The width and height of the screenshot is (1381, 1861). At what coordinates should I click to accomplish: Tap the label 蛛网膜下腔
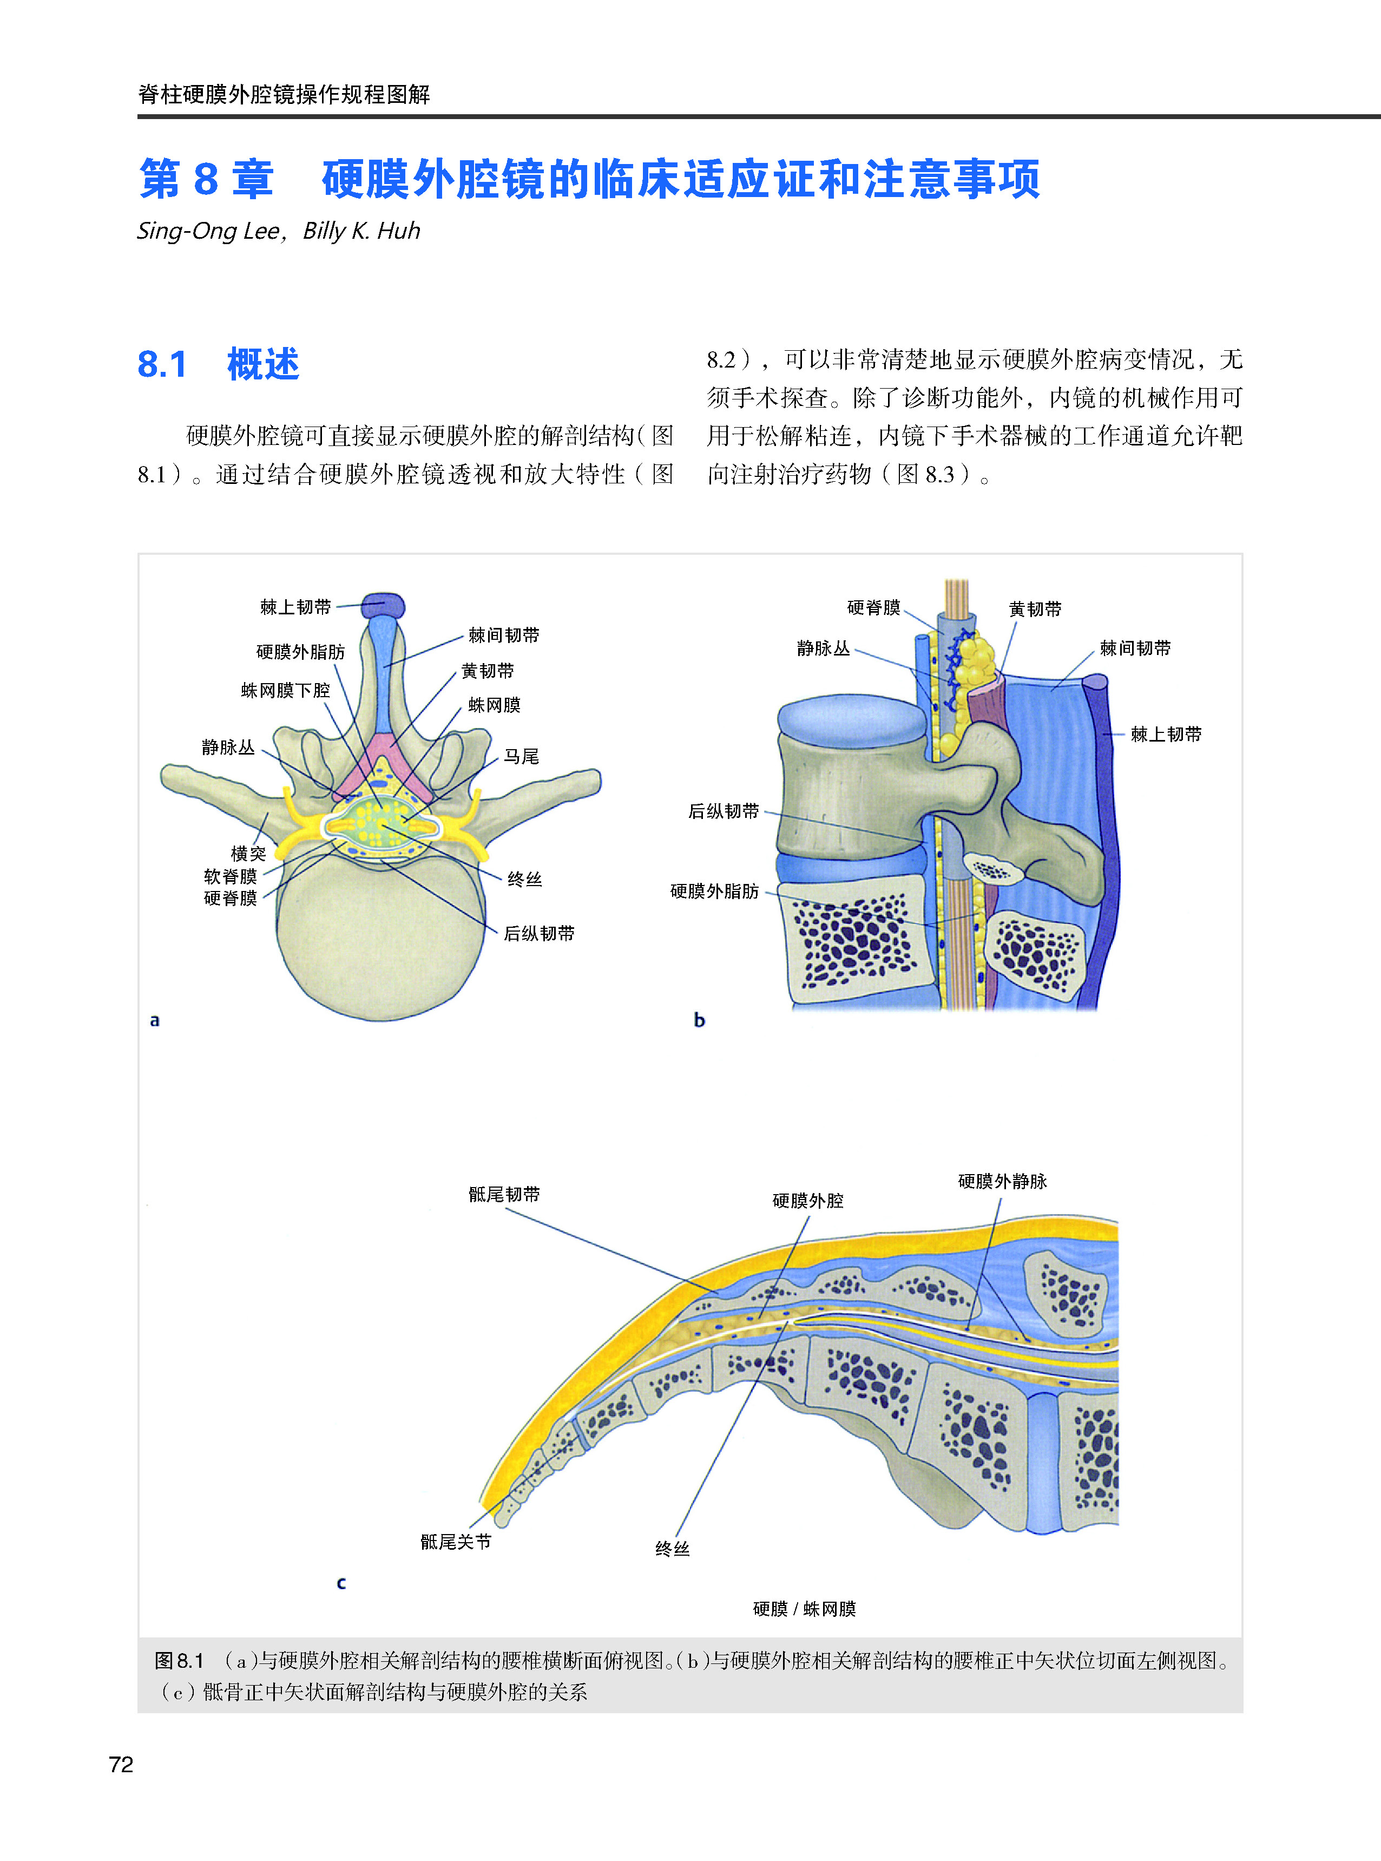[285, 691]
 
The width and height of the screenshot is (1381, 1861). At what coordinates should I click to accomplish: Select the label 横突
[248, 854]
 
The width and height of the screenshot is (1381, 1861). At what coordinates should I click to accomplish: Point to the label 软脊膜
[230, 876]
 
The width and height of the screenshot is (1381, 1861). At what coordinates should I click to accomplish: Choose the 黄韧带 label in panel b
[1035, 610]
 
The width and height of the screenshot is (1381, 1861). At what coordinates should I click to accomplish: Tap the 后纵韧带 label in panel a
[538, 933]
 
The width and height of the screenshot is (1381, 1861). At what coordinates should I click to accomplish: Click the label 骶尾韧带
[504, 1195]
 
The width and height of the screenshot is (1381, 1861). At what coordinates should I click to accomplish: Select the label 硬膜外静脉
[1002, 1181]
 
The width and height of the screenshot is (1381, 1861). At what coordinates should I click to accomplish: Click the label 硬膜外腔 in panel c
[807, 1201]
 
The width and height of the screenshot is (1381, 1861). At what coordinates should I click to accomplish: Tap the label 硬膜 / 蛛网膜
[804, 1609]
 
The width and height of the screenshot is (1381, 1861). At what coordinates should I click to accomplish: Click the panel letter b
[700, 1020]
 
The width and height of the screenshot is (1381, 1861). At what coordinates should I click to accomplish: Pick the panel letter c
[341, 1583]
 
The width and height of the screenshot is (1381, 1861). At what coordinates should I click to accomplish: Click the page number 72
[121, 1765]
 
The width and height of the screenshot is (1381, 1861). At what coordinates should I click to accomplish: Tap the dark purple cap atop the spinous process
[384, 605]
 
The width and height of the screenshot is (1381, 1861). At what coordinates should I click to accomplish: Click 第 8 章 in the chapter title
[207, 179]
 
